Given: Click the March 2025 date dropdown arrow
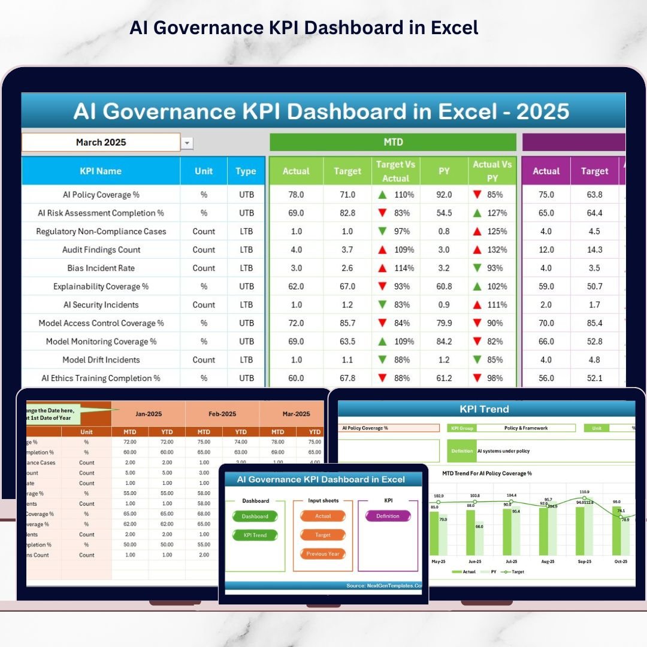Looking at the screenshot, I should pos(188,143).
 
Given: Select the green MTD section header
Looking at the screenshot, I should pos(392,143).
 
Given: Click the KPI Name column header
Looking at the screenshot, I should pos(101,171).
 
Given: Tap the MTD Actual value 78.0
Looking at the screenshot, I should pos(296,195).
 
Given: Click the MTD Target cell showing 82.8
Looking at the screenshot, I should pos(347,213).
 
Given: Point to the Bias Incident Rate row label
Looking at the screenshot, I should pos(101,268).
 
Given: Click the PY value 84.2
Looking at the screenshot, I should pos(444,341).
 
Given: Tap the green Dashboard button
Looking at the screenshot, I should pos(255,516).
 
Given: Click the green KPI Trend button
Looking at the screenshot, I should pos(255,535).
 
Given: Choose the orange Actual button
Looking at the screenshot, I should pos(323,516).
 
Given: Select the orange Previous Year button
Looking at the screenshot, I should pos(323,554).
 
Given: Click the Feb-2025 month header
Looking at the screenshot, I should pos(222,414).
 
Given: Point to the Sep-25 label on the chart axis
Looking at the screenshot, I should pos(584,561).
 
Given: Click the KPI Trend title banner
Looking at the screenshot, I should pos(484,409).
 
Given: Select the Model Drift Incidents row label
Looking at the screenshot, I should pos(101,359).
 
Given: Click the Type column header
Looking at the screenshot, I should pos(246,171).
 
